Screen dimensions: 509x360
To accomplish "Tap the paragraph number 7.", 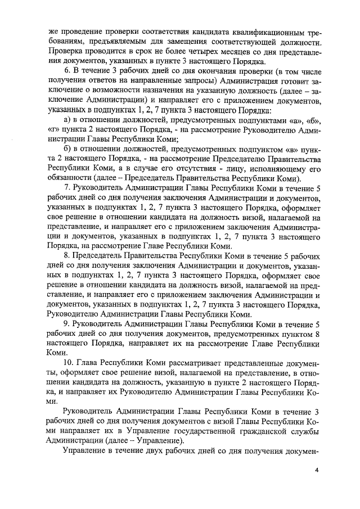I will click(x=67, y=187).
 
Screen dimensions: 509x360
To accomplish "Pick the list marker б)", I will click(x=67, y=148).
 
